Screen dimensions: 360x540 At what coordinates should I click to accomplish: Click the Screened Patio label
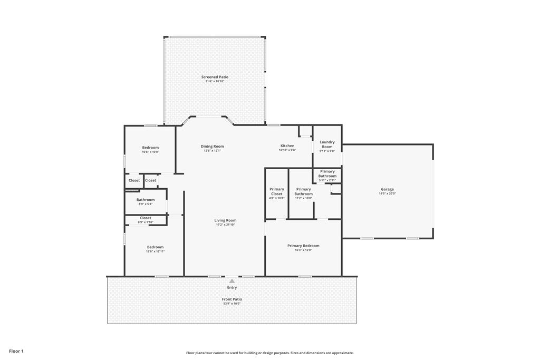215,77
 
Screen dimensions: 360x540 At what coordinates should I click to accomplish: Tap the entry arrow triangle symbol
232,281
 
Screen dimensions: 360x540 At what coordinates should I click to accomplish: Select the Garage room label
387,189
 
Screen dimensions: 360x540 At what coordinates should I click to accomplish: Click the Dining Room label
212,146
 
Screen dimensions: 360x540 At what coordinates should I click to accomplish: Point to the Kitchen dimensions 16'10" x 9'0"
287,150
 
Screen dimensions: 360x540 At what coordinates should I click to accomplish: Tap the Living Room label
225,220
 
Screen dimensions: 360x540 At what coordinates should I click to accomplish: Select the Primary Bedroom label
303,246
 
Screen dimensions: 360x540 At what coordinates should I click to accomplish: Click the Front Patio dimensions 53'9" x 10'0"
232,304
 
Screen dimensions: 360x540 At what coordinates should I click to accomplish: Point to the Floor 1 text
16,351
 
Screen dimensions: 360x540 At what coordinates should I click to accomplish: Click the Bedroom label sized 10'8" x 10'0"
150,148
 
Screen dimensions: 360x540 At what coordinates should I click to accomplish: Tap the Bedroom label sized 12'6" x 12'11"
155,247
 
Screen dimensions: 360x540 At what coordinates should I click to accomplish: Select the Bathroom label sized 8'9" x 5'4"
146,200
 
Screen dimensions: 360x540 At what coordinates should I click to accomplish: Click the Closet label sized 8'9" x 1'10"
146,218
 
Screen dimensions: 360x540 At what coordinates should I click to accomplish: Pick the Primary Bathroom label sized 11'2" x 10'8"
303,191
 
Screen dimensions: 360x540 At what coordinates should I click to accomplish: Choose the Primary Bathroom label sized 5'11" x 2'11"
327,173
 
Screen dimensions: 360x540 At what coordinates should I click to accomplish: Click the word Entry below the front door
232,288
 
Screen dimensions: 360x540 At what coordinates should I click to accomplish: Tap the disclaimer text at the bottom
269,353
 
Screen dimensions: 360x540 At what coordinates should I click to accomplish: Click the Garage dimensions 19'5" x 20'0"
387,193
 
